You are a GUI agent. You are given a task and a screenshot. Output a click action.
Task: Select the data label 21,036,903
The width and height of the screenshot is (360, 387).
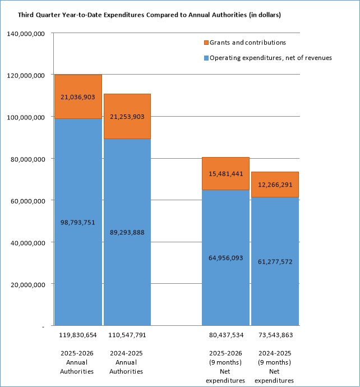point(77,97)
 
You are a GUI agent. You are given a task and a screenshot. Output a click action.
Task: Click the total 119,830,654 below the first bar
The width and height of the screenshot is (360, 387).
point(77,335)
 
